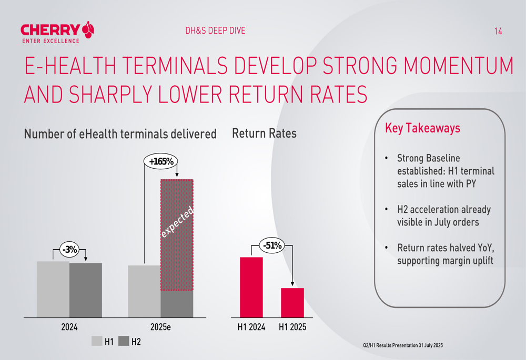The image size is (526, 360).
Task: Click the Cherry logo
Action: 58,32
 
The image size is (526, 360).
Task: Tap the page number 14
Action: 498,32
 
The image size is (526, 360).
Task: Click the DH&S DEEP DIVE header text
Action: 215,31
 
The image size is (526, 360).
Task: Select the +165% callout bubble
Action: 161,162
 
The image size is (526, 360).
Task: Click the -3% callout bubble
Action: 69,250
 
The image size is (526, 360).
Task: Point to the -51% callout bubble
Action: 272,245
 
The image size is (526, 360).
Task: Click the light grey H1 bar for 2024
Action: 53,289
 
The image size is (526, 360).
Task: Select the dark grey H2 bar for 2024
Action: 86,290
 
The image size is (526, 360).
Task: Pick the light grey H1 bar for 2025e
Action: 144,291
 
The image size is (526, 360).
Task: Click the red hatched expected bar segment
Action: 177,235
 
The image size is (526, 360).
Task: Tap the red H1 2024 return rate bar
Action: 251,287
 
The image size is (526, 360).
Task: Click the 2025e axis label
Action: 160,327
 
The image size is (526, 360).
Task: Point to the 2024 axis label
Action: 69,327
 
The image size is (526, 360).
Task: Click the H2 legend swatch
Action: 124,342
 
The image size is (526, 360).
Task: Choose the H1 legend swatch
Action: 97,342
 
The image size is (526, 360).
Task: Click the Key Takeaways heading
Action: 423,128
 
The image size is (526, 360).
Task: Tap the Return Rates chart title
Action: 264,133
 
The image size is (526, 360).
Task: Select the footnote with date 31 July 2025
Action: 403,345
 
